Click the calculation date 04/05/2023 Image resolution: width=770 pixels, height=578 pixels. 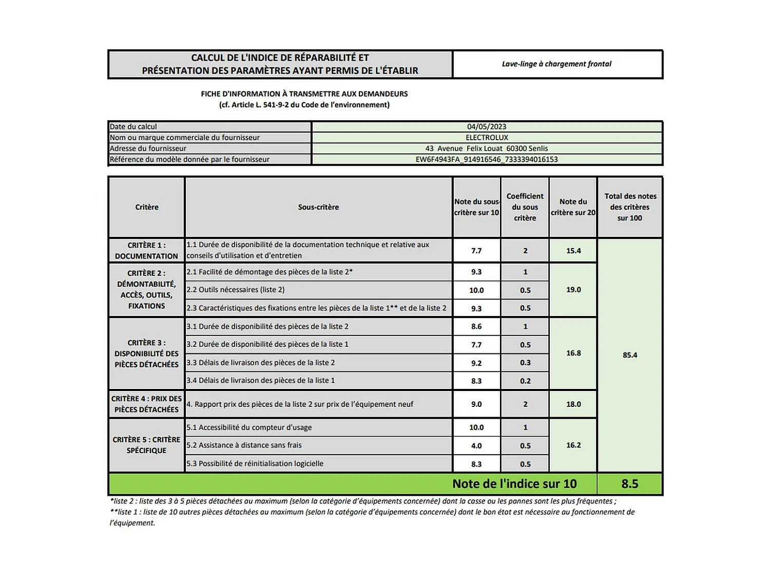(x=486, y=127)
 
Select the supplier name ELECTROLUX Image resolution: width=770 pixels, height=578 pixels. (x=486, y=138)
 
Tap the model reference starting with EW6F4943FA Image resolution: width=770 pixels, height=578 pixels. (x=486, y=159)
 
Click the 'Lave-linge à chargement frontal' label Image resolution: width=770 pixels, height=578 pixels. (x=556, y=64)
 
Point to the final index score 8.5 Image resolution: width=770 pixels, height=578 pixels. (x=629, y=484)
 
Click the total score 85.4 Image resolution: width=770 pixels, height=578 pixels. (x=629, y=355)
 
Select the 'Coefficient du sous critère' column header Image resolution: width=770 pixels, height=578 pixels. (x=525, y=207)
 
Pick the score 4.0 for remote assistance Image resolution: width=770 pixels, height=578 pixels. (x=476, y=446)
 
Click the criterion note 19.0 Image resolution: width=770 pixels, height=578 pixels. (x=573, y=290)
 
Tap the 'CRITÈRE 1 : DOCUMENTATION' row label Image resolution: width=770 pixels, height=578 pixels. (x=146, y=251)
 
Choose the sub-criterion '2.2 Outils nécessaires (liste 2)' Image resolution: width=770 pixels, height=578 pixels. (x=236, y=290)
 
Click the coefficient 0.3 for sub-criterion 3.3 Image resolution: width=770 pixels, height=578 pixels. (x=525, y=363)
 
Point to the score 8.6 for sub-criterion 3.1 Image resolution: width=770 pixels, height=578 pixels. (x=476, y=327)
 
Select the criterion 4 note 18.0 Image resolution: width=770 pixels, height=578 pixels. (x=573, y=404)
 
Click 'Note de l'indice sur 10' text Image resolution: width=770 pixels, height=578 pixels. (x=514, y=484)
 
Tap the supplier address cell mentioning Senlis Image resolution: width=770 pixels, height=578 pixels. (x=486, y=148)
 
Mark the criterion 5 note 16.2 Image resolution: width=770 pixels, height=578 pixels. (x=573, y=445)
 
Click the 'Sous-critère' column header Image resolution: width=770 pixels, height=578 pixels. (x=318, y=207)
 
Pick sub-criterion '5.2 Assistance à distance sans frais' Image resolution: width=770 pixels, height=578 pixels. (x=244, y=445)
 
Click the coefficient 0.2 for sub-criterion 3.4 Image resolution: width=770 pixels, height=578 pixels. (x=525, y=381)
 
